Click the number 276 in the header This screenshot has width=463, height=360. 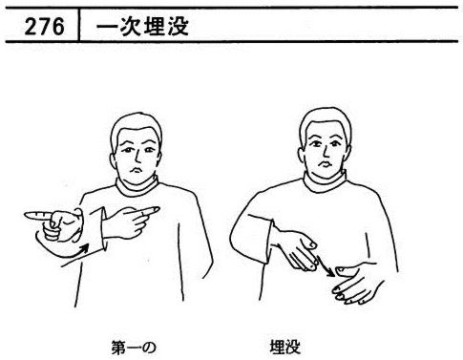44,26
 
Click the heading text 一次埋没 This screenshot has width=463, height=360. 142,26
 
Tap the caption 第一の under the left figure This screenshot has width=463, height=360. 134,348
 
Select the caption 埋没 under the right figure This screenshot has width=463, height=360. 285,347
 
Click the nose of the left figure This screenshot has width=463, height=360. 137,157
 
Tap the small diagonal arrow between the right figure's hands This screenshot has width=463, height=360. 326,265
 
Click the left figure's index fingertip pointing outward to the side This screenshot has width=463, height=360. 27,216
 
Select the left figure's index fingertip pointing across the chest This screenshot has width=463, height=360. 157,209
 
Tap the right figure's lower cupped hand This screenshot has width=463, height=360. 356,285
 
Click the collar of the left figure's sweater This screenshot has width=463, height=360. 137,187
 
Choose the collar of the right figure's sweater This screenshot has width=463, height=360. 325,183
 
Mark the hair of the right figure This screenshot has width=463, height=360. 326,119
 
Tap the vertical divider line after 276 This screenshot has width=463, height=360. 78,25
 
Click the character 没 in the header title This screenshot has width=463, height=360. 179,26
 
